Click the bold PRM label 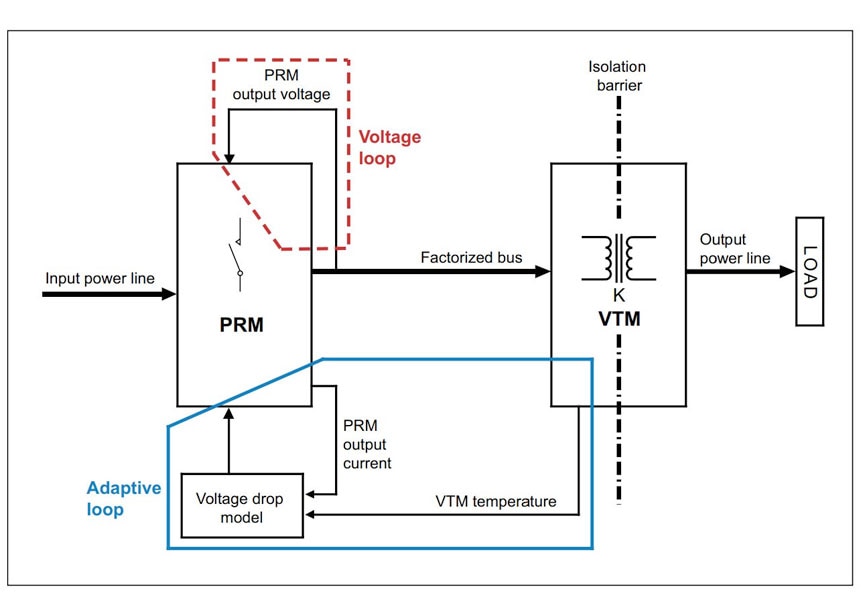tap(241, 326)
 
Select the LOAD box tap(809, 271)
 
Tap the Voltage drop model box tap(240, 507)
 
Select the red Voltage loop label tap(389, 147)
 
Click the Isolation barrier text tap(617, 76)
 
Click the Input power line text tap(100, 278)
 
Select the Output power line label tap(735, 249)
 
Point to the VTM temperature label tap(495, 501)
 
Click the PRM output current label tap(367, 444)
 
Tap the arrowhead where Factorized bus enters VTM tap(543, 271)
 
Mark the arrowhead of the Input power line tap(169, 294)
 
